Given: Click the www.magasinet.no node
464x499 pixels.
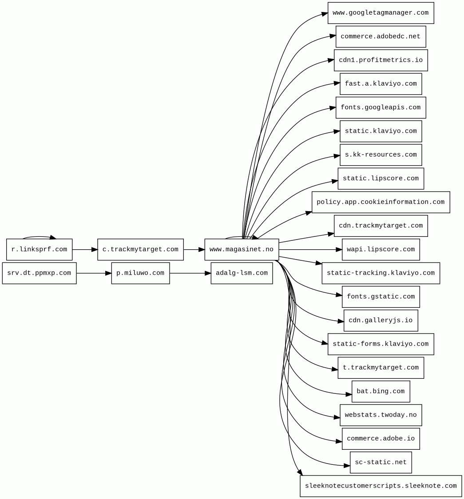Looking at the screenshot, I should coord(242,250).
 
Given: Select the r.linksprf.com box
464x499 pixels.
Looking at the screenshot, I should coord(39,250).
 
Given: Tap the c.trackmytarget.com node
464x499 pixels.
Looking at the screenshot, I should coord(140,250).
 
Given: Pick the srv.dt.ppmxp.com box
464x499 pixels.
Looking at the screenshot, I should coord(39,273).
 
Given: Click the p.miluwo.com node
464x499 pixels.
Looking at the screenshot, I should coord(140,273).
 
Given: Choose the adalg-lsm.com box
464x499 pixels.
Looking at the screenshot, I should coord(242,273).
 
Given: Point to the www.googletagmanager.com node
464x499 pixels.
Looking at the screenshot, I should coord(381,13).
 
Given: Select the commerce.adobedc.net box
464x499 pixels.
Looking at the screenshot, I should coord(381,37).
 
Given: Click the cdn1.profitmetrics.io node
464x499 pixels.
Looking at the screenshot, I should coord(381,60).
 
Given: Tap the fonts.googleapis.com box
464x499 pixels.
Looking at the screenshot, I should coord(381,108).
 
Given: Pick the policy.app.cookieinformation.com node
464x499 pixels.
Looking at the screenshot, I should coord(381,202).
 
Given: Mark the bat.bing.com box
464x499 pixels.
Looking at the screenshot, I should coord(381,392).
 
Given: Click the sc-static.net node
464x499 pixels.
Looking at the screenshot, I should coord(381,463).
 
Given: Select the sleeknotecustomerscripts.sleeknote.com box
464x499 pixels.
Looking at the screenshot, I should coord(381,486).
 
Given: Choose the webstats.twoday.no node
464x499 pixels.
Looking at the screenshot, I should coord(381,415).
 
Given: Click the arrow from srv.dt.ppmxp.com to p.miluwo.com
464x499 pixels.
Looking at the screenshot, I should coord(94,273).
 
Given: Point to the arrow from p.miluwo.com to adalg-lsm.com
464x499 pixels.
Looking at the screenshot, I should coord(190,273).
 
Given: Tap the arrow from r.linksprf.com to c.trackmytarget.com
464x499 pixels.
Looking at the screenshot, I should coord(85,250).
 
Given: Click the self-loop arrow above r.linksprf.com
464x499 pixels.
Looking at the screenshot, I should coord(39,237).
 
